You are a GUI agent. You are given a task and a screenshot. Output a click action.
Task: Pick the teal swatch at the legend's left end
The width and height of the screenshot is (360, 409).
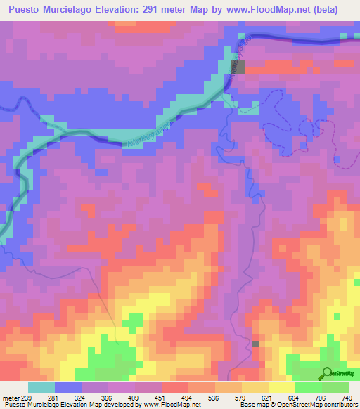(x=41, y=388)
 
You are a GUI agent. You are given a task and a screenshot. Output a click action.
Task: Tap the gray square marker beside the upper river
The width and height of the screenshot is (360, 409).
(x=240, y=67)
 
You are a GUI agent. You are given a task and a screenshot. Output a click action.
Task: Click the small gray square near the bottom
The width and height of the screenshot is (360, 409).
(x=255, y=344)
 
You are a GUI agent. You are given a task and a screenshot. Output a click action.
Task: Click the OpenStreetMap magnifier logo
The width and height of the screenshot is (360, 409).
(x=328, y=372)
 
